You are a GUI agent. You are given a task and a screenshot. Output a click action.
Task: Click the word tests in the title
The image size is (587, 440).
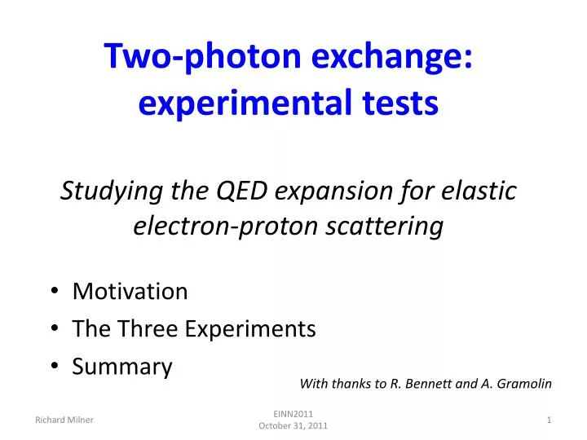click(401, 103)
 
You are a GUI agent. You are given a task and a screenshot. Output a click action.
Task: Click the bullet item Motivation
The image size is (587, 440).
click(130, 291)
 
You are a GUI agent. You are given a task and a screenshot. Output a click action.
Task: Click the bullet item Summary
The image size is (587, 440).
click(122, 367)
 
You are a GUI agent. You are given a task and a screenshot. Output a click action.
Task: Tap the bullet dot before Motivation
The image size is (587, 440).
click(53, 291)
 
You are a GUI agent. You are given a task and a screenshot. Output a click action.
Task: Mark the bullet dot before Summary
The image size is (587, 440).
click(53, 367)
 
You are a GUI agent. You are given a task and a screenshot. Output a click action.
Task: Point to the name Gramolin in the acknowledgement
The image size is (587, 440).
click(521, 383)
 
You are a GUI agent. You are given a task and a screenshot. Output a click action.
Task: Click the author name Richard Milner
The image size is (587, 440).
click(64, 420)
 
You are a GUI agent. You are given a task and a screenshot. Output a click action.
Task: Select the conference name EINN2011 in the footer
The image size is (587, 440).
click(293, 414)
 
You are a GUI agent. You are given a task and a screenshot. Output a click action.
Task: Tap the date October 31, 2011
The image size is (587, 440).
click(293, 426)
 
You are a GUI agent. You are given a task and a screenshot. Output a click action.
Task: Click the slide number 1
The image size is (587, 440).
click(549, 420)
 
